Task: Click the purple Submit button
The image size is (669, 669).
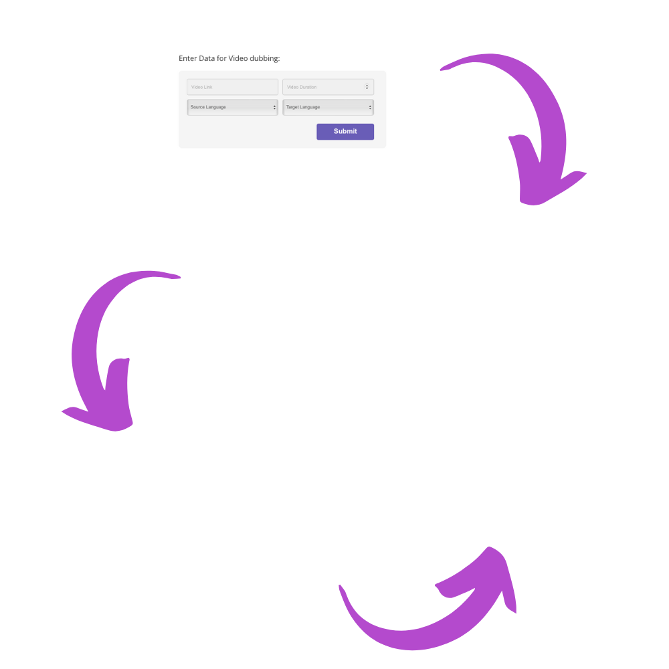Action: [x=345, y=131]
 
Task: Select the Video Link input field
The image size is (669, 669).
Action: [x=232, y=87]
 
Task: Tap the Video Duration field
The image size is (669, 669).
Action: [x=328, y=87]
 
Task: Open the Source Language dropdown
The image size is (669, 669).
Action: [x=232, y=107]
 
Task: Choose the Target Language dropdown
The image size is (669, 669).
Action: [x=328, y=107]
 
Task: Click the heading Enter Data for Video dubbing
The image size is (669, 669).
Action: [x=229, y=58]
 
